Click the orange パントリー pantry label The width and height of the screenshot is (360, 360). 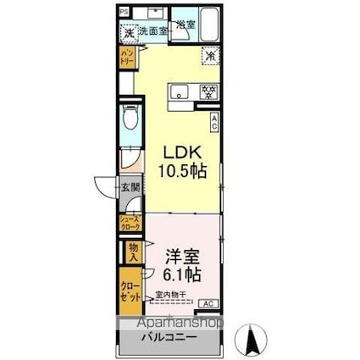click(125, 60)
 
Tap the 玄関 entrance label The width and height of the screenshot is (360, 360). click(127, 188)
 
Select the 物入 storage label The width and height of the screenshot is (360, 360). click(132, 252)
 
